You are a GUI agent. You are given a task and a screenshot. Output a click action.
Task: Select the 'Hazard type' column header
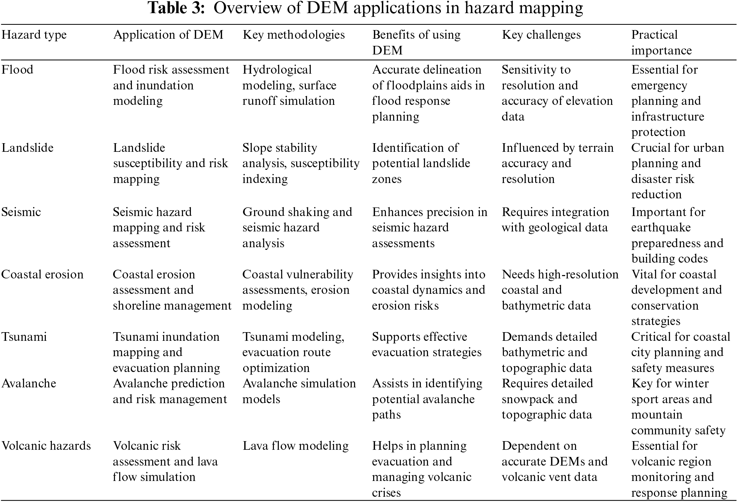34,35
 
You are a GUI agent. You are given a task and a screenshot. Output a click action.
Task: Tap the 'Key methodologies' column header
293,35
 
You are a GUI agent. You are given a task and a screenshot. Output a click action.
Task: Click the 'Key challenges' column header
541,35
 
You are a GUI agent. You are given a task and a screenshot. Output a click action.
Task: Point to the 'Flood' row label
17,70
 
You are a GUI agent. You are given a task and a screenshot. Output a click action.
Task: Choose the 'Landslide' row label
27,148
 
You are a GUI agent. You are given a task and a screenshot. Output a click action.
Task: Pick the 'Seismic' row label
21,212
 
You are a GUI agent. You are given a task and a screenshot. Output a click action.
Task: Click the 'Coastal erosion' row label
42,275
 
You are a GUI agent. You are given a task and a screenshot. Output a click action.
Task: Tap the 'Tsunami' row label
24,337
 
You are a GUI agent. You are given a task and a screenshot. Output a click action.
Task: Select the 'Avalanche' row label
29,384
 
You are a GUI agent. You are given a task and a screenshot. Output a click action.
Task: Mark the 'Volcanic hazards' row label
46,446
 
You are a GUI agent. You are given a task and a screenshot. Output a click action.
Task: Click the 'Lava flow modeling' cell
295,446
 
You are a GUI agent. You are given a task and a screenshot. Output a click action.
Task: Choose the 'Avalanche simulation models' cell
299,391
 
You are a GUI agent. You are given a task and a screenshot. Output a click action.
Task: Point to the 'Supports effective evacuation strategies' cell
426,345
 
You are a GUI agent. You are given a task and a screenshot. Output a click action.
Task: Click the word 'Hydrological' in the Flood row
277,70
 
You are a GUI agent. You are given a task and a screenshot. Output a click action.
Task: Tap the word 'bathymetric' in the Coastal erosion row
528,306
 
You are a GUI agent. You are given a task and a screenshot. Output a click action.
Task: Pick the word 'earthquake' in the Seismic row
661,228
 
